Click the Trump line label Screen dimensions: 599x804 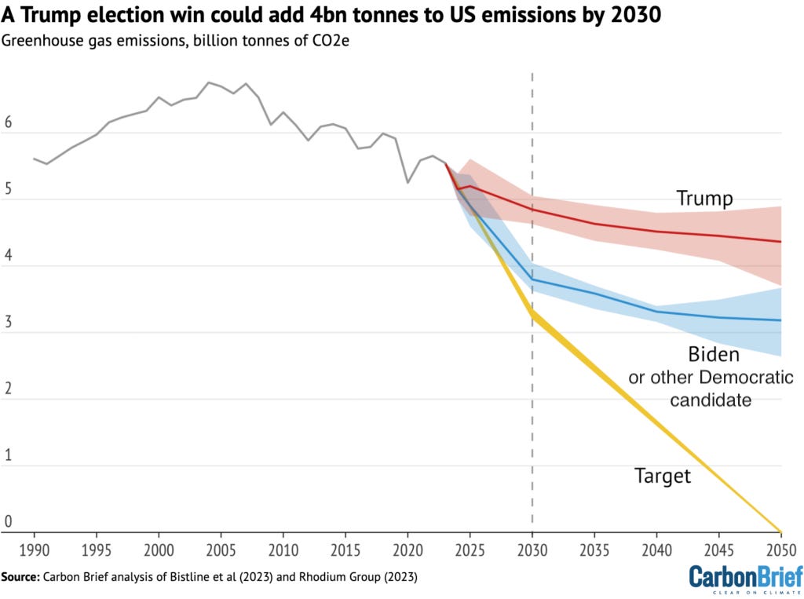click(x=704, y=199)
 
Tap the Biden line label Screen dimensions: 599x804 click(x=713, y=354)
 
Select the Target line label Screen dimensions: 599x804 click(x=663, y=476)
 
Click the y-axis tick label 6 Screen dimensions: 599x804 click(x=9, y=124)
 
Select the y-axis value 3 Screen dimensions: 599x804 click(x=9, y=323)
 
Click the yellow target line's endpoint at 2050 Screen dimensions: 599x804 click(x=780, y=531)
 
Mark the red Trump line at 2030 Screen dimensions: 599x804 click(x=532, y=209)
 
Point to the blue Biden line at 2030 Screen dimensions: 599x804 click(x=532, y=279)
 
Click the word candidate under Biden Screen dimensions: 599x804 click(x=713, y=400)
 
